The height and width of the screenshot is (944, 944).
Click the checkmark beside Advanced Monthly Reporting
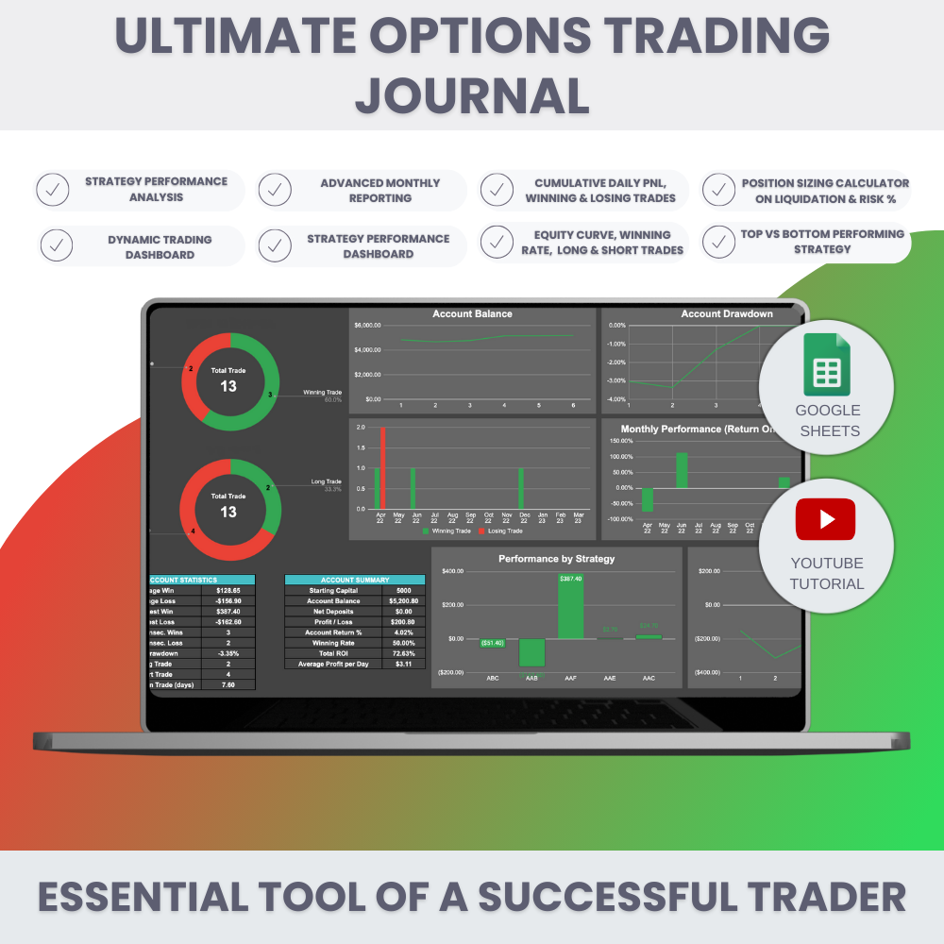(275, 190)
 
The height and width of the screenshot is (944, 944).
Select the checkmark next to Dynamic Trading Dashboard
(55, 246)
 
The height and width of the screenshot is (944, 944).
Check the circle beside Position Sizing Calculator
(720, 190)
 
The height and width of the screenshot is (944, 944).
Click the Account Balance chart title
(472, 313)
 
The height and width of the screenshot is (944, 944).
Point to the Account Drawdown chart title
(727, 313)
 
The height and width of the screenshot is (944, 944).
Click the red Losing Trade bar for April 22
(383, 468)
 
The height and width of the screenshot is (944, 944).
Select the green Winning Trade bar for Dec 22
(521, 488)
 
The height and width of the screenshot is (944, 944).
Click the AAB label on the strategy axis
(531, 678)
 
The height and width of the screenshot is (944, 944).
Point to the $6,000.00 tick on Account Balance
(367, 326)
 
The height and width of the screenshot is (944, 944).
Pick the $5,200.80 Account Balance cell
(403, 600)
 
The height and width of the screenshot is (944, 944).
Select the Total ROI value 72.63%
(403, 652)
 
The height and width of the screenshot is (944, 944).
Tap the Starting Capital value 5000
(403, 590)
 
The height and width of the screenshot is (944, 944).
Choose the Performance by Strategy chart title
(556, 559)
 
